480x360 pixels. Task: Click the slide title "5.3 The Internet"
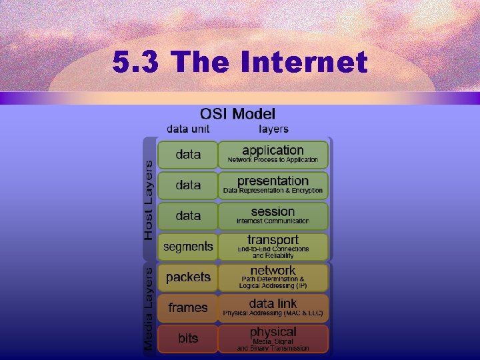[x=240, y=63]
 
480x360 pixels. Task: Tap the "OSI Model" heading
[x=238, y=114]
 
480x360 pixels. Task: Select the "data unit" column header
[x=188, y=129]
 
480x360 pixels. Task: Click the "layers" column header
[x=273, y=129]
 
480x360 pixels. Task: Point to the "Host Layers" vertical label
[x=149, y=199]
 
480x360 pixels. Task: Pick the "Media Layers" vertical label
[x=149, y=308]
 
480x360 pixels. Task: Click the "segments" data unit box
[x=188, y=247]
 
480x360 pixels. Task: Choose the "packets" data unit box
[x=188, y=277]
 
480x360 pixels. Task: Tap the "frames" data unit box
[x=188, y=308]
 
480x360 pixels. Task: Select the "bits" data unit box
[x=188, y=339]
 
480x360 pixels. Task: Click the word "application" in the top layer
[x=273, y=151]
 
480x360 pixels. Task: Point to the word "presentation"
[x=273, y=181]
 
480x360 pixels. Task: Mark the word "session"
[x=273, y=211]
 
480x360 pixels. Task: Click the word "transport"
[x=273, y=240]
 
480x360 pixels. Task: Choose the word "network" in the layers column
[x=273, y=270]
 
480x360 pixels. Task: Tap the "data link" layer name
[x=273, y=303]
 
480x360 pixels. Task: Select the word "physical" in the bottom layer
[x=273, y=331]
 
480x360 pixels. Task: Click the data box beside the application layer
[x=188, y=155]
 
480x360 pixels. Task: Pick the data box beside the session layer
[x=188, y=216]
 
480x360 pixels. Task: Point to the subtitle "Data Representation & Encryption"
[x=273, y=191]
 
